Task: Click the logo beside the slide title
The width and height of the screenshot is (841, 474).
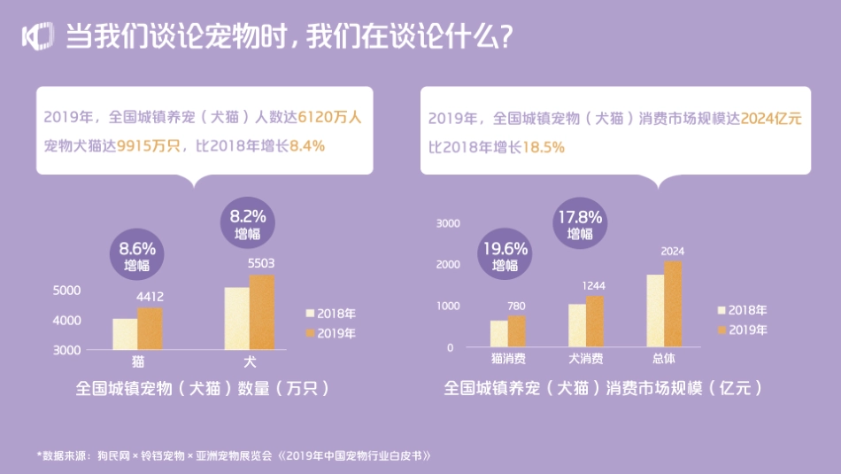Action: click(x=36, y=36)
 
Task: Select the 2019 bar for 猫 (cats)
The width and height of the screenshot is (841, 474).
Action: click(x=150, y=328)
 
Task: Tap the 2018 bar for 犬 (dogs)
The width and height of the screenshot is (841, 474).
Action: click(x=236, y=318)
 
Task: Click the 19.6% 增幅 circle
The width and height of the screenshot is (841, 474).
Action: click(x=505, y=255)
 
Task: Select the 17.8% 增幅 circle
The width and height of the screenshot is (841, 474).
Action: click(x=579, y=224)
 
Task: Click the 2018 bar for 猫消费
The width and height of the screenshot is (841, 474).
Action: click(x=499, y=333)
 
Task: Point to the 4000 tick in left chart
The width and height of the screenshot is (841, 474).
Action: click(x=68, y=320)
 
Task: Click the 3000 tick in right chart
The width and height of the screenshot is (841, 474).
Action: click(x=449, y=223)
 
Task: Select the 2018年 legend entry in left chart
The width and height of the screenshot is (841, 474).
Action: click(x=329, y=314)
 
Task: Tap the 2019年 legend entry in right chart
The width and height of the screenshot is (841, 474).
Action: click(x=742, y=330)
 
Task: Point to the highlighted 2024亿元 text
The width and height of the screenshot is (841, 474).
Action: click(x=770, y=118)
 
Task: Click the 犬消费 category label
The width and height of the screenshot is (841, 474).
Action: click(x=585, y=359)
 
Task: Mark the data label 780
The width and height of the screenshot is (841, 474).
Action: click(x=516, y=306)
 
